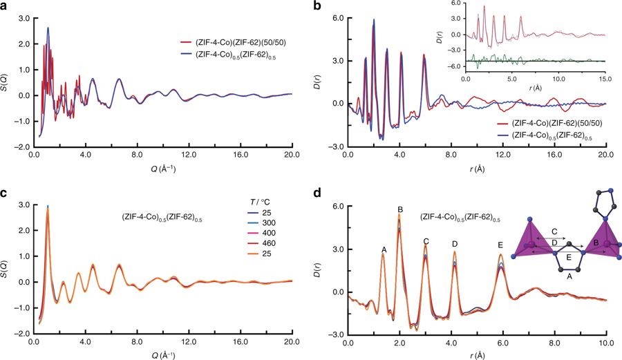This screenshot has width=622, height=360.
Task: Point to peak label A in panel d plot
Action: pyautogui.click(x=384, y=249)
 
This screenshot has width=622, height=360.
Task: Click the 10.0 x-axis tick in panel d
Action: pyautogui.click(x=605, y=341)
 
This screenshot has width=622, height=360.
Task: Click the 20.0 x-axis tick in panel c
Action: pyautogui.click(x=291, y=341)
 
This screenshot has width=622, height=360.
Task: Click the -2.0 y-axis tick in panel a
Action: pyautogui.click(x=22, y=147)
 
